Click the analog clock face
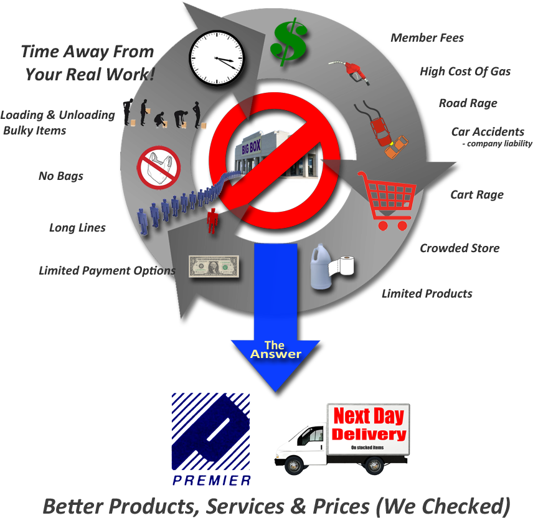pyautogui.click(x=217, y=58)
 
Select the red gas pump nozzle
pyautogui.click(x=350, y=72)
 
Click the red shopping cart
pyautogui.click(x=387, y=200)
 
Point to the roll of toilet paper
pyautogui.click(x=342, y=265)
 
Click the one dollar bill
pyautogui.click(x=214, y=266)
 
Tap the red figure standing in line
pyautogui.click(x=212, y=220)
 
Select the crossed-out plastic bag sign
pyautogui.click(x=159, y=167)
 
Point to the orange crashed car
pyautogui.click(x=397, y=147)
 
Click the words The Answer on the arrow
pyautogui.click(x=275, y=350)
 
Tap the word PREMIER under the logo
pyautogui.click(x=212, y=480)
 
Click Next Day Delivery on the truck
pyautogui.click(x=369, y=425)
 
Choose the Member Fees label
pyautogui.click(x=427, y=38)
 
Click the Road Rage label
pyautogui.click(x=468, y=103)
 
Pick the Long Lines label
pyautogui.click(x=77, y=228)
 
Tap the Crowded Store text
pyautogui.click(x=460, y=248)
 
